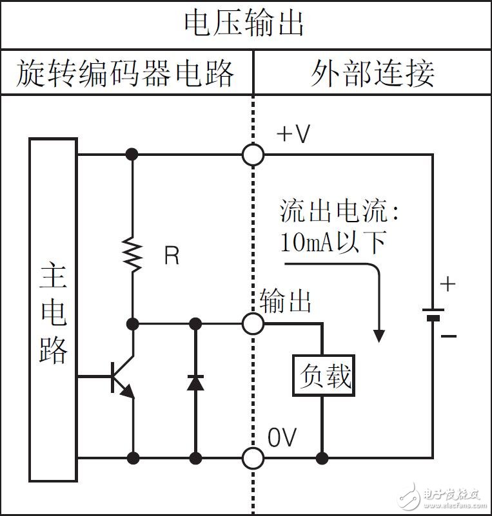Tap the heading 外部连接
click(x=372, y=73)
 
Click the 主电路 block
click(x=54, y=309)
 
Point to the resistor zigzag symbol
click(x=133, y=255)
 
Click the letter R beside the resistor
click(x=172, y=256)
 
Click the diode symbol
click(x=195, y=381)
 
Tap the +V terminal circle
click(x=253, y=155)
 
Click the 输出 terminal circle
click(x=253, y=323)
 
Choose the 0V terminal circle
click(x=253, y=458)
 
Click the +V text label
click(x=293, y=134)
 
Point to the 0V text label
click(x=282, y=438)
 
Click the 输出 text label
click(x=286, y=301)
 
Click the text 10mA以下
click(x=333, y=242)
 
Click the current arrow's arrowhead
click(x=379, y=335)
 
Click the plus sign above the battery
click(x=447, y=284)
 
